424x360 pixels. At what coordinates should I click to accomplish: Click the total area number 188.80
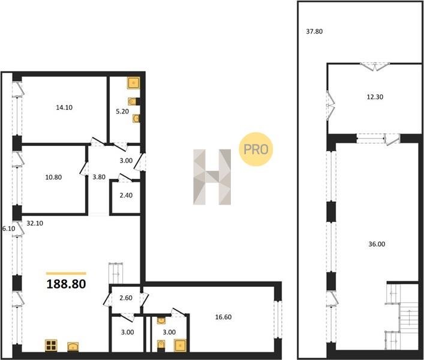[66, 284]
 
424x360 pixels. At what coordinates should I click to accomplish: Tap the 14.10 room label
[64, 107]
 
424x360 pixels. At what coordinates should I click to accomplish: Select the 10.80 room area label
[53, 177]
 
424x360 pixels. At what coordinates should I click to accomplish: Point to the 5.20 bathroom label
[122, 111]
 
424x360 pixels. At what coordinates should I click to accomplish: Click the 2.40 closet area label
[126, 195]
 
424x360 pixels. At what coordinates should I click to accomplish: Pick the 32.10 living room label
[35, 223]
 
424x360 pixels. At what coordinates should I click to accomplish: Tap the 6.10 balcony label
[8, 229]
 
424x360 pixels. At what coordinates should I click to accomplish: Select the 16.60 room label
[223, 317]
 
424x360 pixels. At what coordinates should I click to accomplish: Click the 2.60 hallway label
[126, 298]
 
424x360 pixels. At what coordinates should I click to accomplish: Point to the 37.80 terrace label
[314, 31]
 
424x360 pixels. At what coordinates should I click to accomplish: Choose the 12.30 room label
[375, 97]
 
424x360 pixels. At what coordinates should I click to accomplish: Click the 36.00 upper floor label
[377, 244]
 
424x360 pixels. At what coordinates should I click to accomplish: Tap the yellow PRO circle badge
[256, 149]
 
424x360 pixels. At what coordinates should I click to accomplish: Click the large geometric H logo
[212, 177]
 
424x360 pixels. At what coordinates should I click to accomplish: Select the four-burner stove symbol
[51, 346]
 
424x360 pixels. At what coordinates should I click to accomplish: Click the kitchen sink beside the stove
[73, 346]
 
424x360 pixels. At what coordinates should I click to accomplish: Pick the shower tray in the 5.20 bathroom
[134, 83]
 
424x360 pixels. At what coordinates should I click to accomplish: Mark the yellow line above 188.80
[66, 274]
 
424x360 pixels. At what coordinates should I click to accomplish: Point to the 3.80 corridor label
[99, 177]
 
